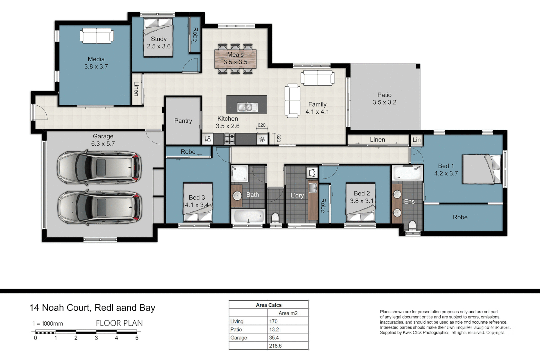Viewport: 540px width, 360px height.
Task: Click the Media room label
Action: pyautogui.click(x=96, y=63)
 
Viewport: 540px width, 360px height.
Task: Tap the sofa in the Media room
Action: pyautogui.click(x=97, y=36)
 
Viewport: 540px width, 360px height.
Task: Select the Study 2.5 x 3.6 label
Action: pyautogui.click(x=159, y=43)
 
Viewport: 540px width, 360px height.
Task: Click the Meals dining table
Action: pyautogui.click(x=235, y=59)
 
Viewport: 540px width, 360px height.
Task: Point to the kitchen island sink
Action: pyautogui.click(x=247, y=107)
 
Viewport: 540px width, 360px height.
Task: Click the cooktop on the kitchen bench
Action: pyautogui.click(x=229, y=139)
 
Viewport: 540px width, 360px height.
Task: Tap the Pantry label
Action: pyautogui.click(x=183, y=121)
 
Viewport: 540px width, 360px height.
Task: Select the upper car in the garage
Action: pyautogui.click(x=99, y=168)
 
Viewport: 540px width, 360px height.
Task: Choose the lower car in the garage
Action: pyautogui.click(x=99, y=207)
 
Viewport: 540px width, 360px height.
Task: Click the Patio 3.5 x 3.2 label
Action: pyautogui.click(x=384, y=99)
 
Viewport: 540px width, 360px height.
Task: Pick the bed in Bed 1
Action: pyautogui.click(x=482, y=169)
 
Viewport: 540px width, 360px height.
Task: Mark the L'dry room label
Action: pyautogui.click(x=297, y=195)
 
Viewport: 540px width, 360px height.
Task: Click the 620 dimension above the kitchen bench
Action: pyautogui.click(x=262, y=125)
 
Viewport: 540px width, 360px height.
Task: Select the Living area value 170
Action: pyautogui.click(x=273, y=321)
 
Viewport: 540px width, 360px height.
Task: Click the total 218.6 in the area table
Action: pyautogui.click(x=275, y=346)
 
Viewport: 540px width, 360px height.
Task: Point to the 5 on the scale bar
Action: pyautogui.click(x=137, y=338)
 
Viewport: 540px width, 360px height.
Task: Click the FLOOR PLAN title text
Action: pyautogui.click(x=119, y=323)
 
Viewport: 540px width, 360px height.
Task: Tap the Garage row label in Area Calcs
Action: pyautogui.click(x=239, y=338)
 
